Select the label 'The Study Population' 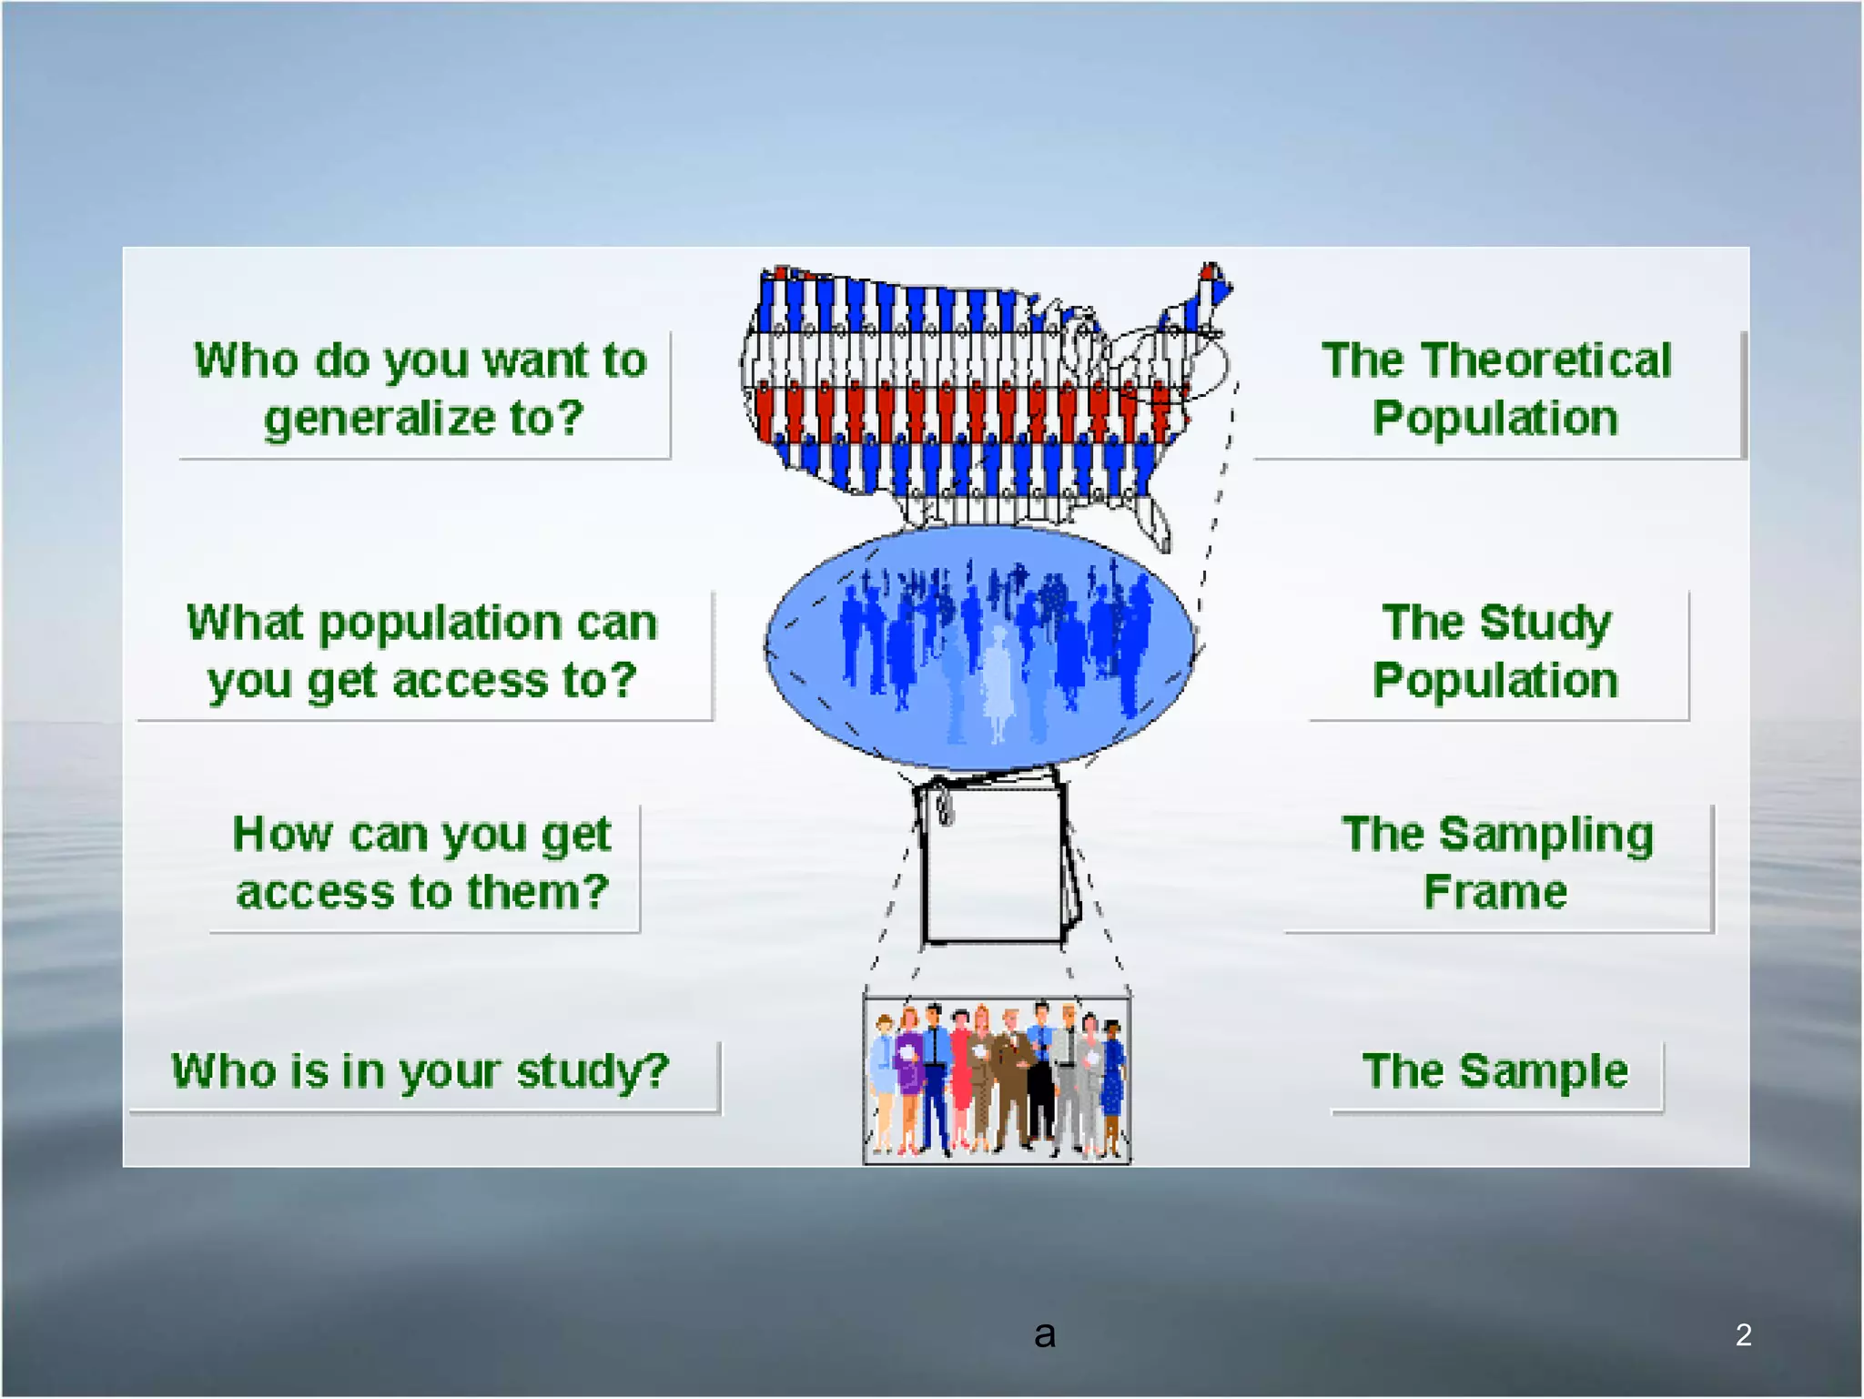[x=1496, y=652]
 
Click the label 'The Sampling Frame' [x=1497, y=863]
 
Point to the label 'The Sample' [x=1494, y=1071]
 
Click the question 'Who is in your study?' [x=420, y=1071]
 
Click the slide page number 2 [x=1743, y=1334]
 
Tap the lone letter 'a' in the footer [x=1045, y=1335]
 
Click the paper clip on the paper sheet [x=944, y=805]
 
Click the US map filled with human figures [x=965, y=391]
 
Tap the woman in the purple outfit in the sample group [x=908, y=1074]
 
